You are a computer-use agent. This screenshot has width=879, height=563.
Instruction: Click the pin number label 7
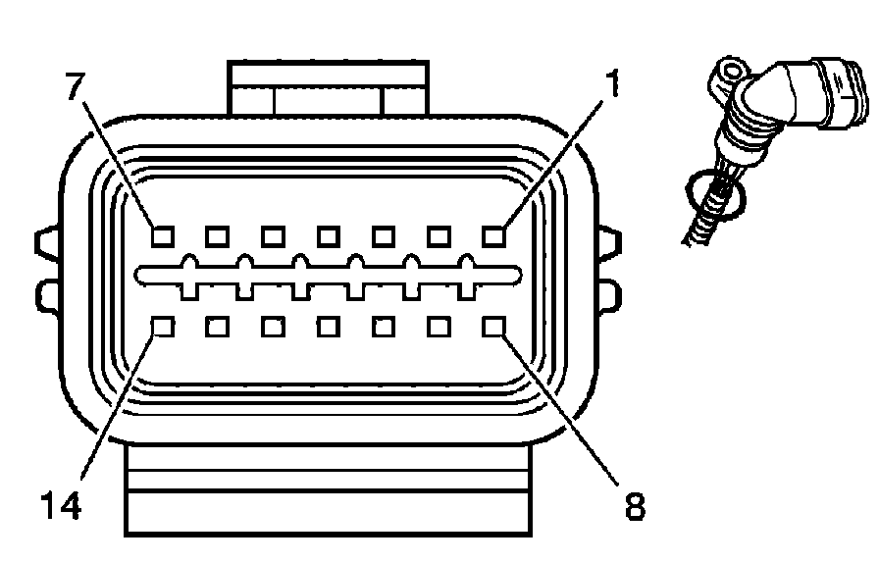[x=75, y=87]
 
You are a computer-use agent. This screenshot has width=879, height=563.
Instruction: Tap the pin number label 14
[x=60, y=506]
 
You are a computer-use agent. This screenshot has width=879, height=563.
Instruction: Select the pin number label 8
[x=636, y=506]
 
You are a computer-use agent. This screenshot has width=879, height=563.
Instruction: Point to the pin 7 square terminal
[x=163, y=236]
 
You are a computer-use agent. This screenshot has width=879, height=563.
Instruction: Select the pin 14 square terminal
[x=163, y=326]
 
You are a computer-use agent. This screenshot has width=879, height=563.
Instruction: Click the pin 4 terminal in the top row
[x=329, y=236]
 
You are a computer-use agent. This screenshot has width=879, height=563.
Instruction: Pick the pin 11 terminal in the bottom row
[x=329, y=326]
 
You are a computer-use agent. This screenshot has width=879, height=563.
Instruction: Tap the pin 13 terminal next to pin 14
[x=218, y=326]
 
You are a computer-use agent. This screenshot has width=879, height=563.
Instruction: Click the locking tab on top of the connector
[x=329, y=88]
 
